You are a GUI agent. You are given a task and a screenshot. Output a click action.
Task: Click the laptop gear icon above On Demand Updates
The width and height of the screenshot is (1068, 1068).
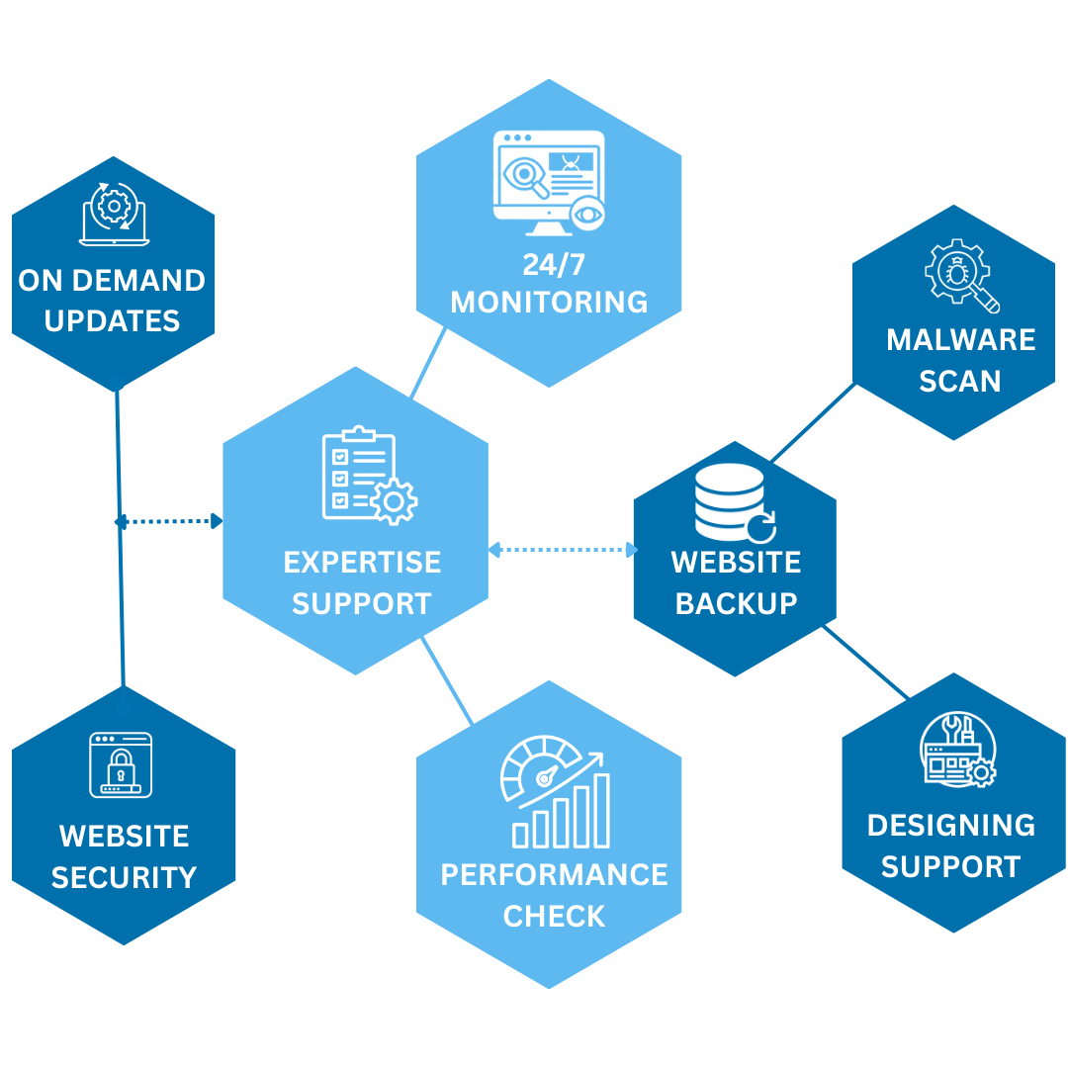coord(115,212)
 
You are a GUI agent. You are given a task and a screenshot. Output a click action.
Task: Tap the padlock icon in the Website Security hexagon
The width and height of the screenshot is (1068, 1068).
coord(121,764)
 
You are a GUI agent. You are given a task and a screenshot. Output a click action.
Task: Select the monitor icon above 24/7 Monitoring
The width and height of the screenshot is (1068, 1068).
coord(549,183)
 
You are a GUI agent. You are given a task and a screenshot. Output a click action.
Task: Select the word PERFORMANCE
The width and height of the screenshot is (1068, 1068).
coord(554,875)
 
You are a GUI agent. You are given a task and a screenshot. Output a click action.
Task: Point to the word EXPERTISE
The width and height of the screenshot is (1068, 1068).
coord(362,563)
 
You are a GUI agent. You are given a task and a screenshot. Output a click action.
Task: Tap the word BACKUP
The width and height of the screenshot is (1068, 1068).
coord(736,603)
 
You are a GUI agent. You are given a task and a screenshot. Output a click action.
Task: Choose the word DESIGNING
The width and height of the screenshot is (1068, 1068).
coord(950,826)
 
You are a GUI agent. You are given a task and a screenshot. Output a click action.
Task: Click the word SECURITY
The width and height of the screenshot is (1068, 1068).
coord(124,877)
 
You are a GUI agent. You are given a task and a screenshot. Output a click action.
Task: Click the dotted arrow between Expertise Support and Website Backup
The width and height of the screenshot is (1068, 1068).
coord(562,550)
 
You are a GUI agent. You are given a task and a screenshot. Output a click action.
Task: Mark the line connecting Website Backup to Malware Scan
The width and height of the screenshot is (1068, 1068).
coord(813,423)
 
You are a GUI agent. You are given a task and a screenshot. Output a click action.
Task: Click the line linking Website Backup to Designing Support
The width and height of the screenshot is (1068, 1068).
coord(866,663)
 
